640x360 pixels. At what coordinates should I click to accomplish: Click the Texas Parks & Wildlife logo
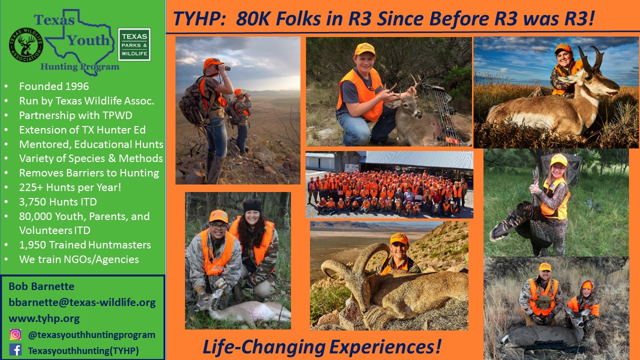tap(134, 44)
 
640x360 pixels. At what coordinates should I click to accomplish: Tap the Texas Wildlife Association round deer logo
tap(26, 45)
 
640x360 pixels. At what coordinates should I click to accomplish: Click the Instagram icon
tap(15, 334)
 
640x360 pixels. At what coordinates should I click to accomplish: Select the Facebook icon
tap(15, 350)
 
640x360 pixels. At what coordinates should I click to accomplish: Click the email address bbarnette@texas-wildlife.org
tap(82, 302)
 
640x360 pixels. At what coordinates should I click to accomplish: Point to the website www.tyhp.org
tap(44, 318)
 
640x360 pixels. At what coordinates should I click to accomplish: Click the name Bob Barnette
tap(41, 286)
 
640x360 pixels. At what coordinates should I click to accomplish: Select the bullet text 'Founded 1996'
tap(54, 86)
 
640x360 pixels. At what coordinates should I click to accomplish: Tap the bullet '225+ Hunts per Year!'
tap(70, 187)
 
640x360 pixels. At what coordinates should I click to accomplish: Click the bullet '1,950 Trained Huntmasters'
tap(85, 245)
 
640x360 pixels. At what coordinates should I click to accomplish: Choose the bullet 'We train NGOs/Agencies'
tap(79, 259)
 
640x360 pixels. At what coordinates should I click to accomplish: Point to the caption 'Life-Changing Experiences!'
tap(322, 346)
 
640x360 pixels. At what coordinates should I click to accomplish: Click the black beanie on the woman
tap(252, 206)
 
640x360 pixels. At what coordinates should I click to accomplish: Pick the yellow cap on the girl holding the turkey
tap(558, 159)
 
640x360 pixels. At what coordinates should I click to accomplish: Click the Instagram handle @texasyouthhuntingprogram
tap(91, 335)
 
